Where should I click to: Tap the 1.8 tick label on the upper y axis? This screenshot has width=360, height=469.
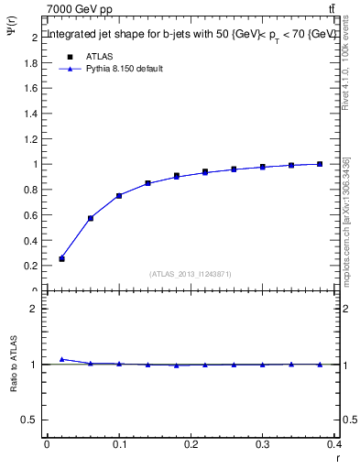(30, 63)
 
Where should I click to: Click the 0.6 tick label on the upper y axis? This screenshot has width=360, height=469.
(30, 215)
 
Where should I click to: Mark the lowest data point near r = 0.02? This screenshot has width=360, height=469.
(61, 259)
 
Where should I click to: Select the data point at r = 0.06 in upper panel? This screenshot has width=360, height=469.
(91, 218)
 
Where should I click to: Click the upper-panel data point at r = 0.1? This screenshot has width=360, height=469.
(119, 195)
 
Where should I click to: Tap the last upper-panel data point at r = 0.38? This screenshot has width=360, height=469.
(320, 164)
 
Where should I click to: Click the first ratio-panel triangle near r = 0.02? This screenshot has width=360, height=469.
(61, 359)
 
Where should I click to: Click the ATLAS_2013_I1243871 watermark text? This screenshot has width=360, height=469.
(191, 274)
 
